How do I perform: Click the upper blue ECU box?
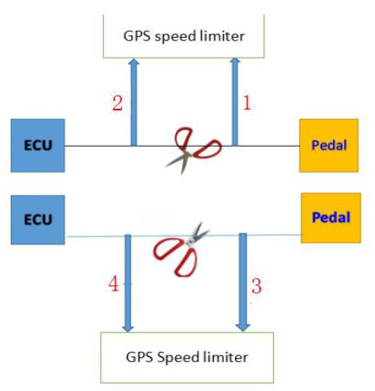[x=38, y=146]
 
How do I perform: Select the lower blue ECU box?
[x=38, y=220]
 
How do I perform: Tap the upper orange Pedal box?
[x=329, y=146]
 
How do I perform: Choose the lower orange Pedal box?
[x=331, y=218]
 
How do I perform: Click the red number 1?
[x=247, y=103]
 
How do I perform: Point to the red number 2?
[x=117, y=103]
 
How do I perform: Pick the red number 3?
[x=256, y=286]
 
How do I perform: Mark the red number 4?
[x=113, y=284]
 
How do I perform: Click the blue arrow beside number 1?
[x=235, y=102]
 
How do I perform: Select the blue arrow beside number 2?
[x=134, y=102]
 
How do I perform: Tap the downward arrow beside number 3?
[x=243, y=282]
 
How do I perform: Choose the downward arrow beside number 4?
[x=128, y=284]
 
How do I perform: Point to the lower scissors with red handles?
[x=181, y=250]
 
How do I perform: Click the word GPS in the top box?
[x=136, y=36]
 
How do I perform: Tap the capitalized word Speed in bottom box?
[x=176, y=358]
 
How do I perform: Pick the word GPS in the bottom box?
[x=139, y=357]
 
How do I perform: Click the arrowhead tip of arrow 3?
[x=243, y=332]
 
